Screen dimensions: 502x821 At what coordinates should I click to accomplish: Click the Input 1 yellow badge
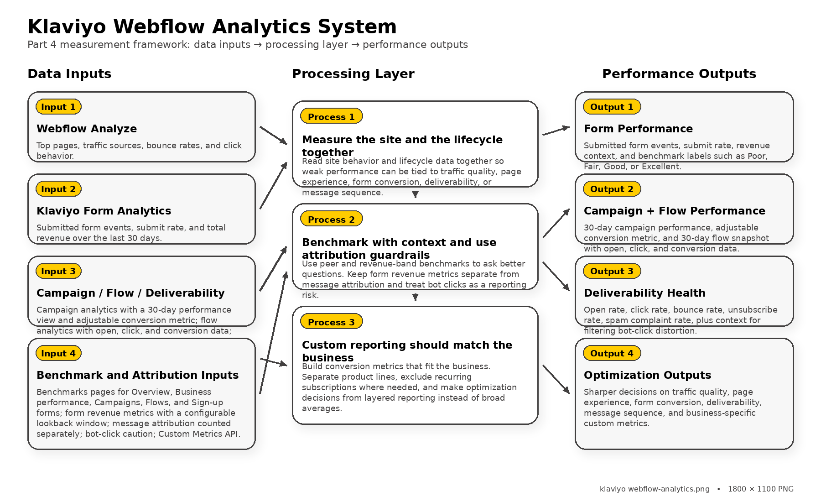click(x=58, y=107)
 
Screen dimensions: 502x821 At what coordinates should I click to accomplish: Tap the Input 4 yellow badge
click(x=58, y=353)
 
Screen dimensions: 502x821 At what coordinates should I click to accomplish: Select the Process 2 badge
click(x=331, y=219)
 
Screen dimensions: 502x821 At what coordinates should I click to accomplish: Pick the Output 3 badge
click(x=612, y=271)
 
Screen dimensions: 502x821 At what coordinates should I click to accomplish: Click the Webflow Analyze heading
click(x=87, y=129)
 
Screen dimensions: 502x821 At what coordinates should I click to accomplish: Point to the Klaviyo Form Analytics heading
click(x=104, y=211)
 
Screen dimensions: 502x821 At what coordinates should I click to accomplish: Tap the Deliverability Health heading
click(x=644, y=293)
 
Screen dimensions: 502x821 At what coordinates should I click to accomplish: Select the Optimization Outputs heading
click(x=647, y=375)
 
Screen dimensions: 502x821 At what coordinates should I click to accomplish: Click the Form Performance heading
click(x=638, y=129)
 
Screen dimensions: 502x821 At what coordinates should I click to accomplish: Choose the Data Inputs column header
click(x=69, y=74)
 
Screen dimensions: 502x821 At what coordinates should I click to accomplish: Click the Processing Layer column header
click(x=353, y=74)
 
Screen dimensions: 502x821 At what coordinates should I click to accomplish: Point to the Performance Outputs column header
click(x=679, y=74)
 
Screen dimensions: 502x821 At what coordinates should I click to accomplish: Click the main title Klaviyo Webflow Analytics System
click(x=212, y=26)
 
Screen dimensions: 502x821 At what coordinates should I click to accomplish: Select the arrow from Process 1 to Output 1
click(x=556, y=131)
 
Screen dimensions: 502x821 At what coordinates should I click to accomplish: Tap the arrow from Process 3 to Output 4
click(x=556, y=379)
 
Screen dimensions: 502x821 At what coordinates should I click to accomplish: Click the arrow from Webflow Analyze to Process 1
click(x=273, y=136)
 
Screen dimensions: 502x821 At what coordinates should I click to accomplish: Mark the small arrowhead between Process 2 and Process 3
click(x=415, y=297)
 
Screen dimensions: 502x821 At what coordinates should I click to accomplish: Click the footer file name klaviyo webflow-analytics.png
click(x=655, y=489)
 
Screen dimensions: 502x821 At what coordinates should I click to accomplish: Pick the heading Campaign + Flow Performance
click(x=674, y=211)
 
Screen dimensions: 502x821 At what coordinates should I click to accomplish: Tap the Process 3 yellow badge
click(x=331, y=322)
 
